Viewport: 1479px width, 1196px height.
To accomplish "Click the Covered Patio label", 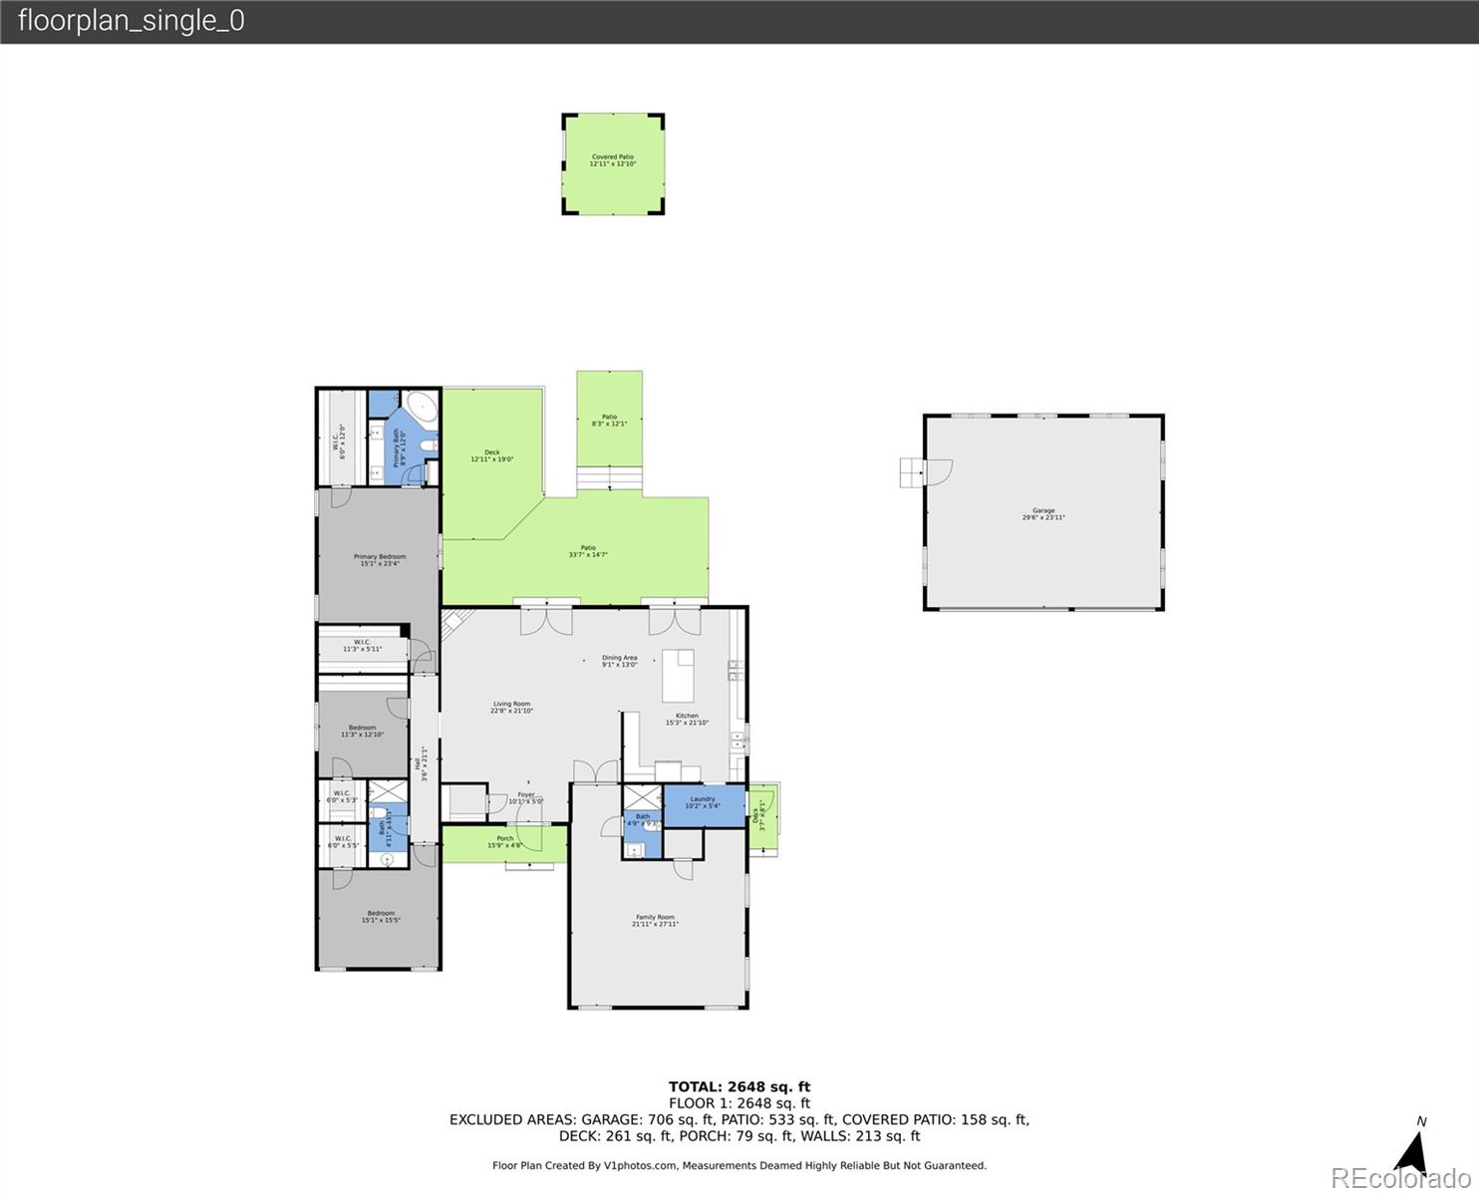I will (612, 160).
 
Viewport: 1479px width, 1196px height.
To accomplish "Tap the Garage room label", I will (1042, 514).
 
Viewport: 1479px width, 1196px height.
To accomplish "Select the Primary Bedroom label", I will (379, 560).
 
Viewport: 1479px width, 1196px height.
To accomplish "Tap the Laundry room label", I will (703, 802).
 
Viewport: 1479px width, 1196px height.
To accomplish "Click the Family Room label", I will (655, 921).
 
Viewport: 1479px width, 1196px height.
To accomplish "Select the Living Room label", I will (511, 708).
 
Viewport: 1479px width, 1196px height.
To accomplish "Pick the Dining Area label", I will (619, 661).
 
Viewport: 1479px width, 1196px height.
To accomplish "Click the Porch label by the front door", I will (505, 842).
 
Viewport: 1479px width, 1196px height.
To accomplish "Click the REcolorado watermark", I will (1402, 1179).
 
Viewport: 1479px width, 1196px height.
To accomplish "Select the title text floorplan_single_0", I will (131, 21).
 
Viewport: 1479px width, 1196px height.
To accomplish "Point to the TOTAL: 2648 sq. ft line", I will (739, 1087).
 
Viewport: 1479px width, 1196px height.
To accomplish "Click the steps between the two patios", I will (609, 480).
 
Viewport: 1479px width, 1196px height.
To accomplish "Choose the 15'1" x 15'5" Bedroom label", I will (380, 917).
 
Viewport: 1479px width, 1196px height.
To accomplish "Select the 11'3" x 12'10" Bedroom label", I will (362, 732).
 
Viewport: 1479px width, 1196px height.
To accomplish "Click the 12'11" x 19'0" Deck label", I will (491, 455).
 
